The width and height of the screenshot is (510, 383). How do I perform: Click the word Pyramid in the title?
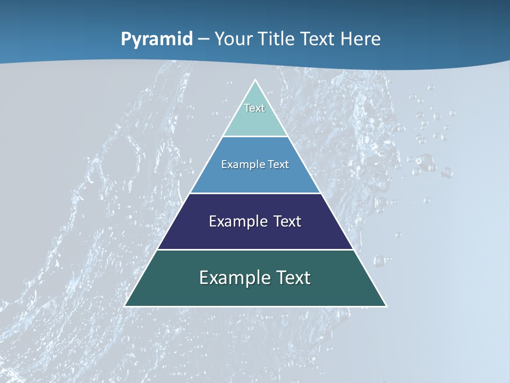[157, 39]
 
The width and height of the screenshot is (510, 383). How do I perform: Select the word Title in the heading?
[278, 39]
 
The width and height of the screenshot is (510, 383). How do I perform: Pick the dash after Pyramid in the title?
[203, 40]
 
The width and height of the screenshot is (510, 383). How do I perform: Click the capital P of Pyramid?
[126, 39]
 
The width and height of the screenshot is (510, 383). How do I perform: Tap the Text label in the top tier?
[254, 108]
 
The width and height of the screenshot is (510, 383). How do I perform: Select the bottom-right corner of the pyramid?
[386, 306]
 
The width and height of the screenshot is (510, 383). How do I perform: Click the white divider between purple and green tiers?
[256, 249]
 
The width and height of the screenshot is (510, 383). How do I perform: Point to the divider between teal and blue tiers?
[256, 137]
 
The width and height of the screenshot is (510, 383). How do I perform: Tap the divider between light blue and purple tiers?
[256, 193]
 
